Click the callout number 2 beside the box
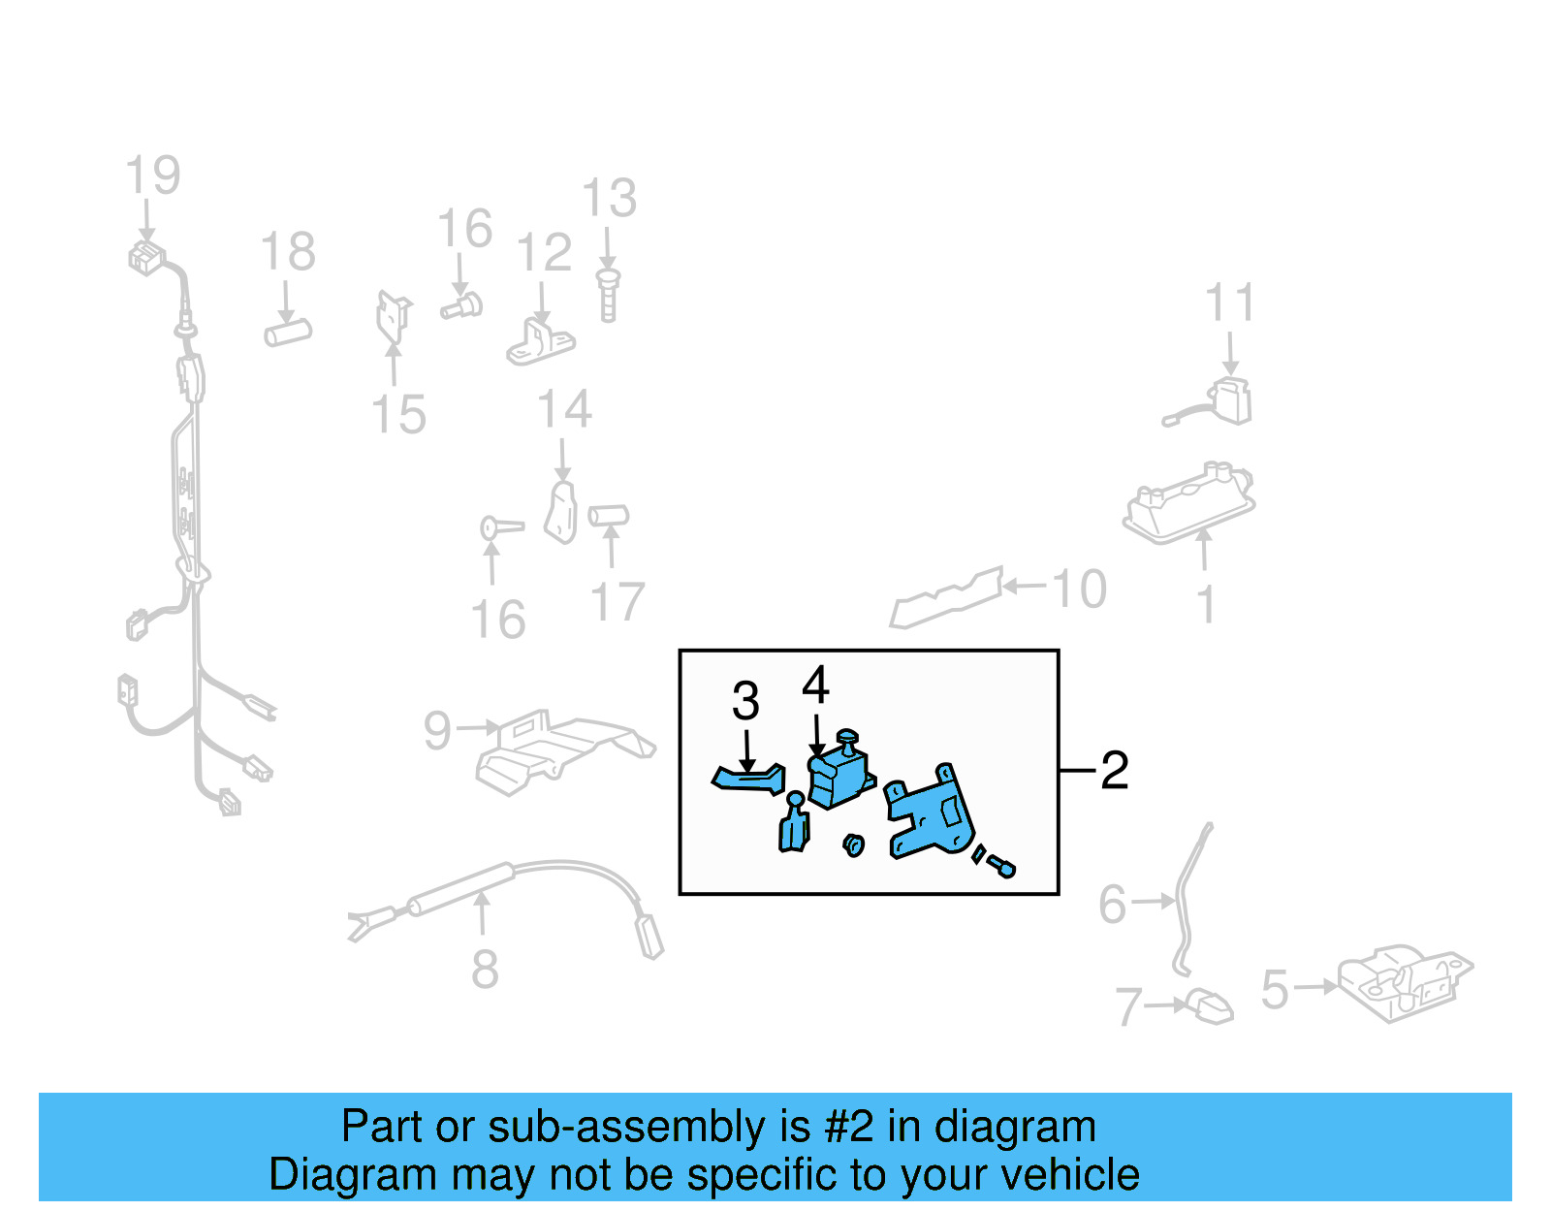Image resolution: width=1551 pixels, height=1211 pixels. coord(1115,771)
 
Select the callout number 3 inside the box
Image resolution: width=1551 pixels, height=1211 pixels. coord(744,701)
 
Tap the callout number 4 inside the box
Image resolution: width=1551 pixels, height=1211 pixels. coord(815,686)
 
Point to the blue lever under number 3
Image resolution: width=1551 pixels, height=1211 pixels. coord(748,779)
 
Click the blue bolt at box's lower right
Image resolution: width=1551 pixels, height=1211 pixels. coord(1001,866)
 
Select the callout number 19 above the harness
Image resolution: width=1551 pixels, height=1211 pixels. coord(153,175)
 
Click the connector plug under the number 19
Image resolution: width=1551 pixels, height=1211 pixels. coord(146,259)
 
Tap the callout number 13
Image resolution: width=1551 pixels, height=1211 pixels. coord(609,199)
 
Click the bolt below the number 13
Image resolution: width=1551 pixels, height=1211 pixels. coord(608,296)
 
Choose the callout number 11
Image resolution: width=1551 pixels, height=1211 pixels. coord(1229,303)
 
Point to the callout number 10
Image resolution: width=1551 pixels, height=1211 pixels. coord(1079,590)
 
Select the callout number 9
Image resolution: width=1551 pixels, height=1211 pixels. coord(437,730)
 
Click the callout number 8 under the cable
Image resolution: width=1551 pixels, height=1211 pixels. coord(485,969)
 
